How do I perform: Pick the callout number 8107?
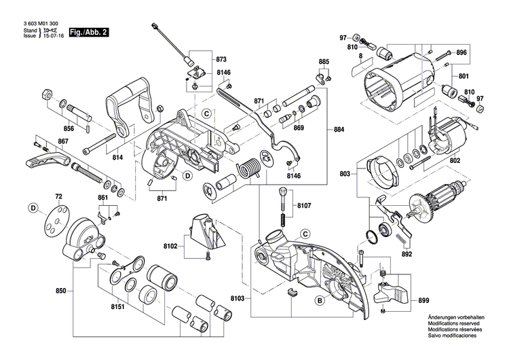pyautogui.click(x=303, y=204)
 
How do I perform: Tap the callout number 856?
pyautogui.click(x=69, y=128)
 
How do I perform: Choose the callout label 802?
pyautogui.click(x=455, y=160)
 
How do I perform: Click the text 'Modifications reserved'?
pyautogui.click(x=451, y=325)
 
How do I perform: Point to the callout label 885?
pyautogui.click(x=324, y=62)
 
